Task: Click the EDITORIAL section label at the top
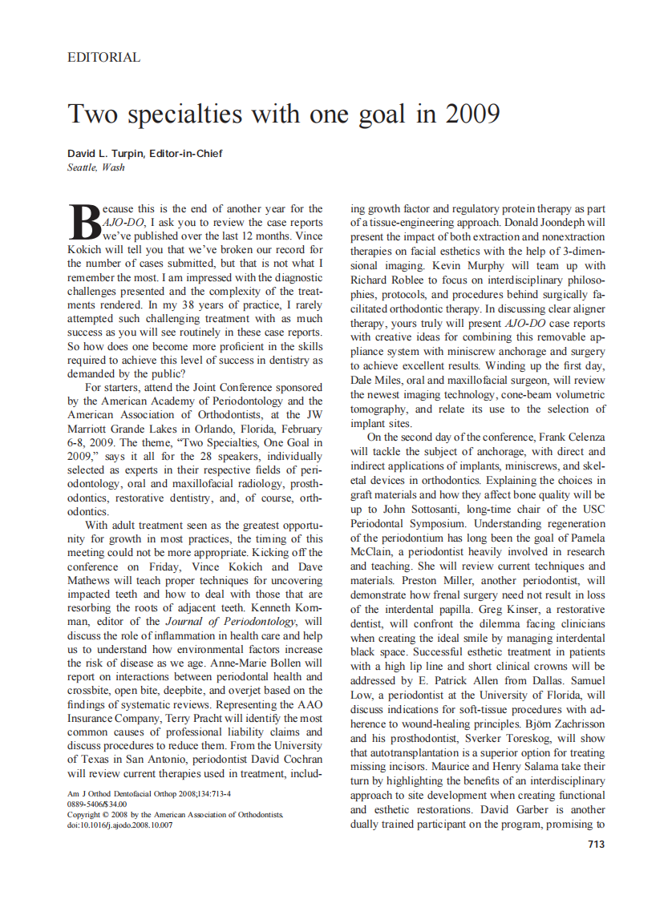pos(104,58)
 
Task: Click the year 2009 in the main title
pos(472,114)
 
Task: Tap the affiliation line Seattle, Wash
pos(96,167)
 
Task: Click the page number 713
pos(596,844)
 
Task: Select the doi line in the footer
pos(119,824)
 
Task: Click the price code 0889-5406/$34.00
pos(97,804)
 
